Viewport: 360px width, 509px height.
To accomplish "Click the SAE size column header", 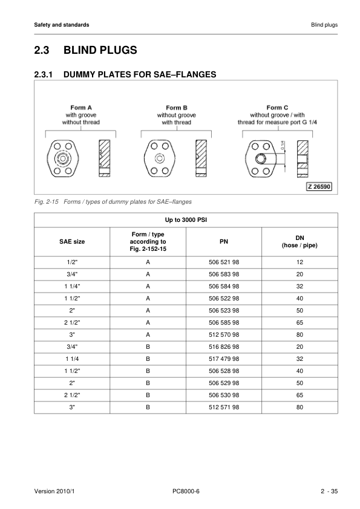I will coord(72,241).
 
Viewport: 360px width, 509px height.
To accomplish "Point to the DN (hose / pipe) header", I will coord(299,241).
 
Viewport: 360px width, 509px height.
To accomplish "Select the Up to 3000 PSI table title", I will coord(185,218).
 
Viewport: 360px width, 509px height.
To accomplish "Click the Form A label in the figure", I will coord(81,107).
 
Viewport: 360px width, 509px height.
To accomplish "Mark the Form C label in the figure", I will coord(277,107).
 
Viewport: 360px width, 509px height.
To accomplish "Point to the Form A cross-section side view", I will coord(105,158).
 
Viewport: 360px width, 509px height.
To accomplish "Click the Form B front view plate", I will coord(159,158).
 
